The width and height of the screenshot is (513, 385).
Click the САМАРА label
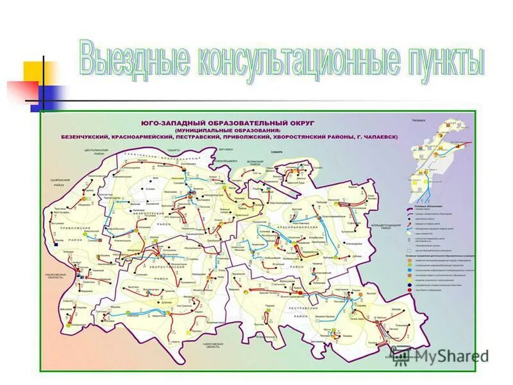(276, 152)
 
